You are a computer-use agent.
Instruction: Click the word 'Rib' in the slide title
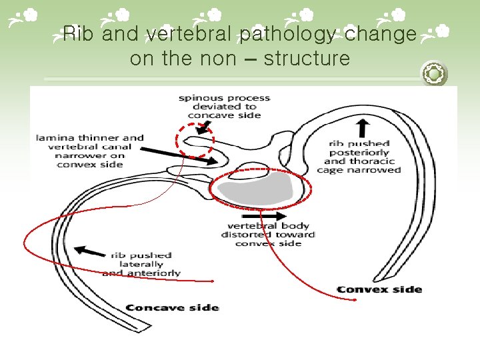click(x=77, y=33)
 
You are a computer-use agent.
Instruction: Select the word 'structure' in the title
click(x=307, y=59)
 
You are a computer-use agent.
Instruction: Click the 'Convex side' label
click(x=379, y=289)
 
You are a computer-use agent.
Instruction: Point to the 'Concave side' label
click(x=172, y=307)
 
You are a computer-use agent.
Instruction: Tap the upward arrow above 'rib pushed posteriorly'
click(x=364, y=127)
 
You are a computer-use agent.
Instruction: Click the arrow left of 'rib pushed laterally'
click(x=89, y=251)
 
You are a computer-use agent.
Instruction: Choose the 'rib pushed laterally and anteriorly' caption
click(x=141, y=264)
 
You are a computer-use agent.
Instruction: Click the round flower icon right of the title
click(x=434, y=73)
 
